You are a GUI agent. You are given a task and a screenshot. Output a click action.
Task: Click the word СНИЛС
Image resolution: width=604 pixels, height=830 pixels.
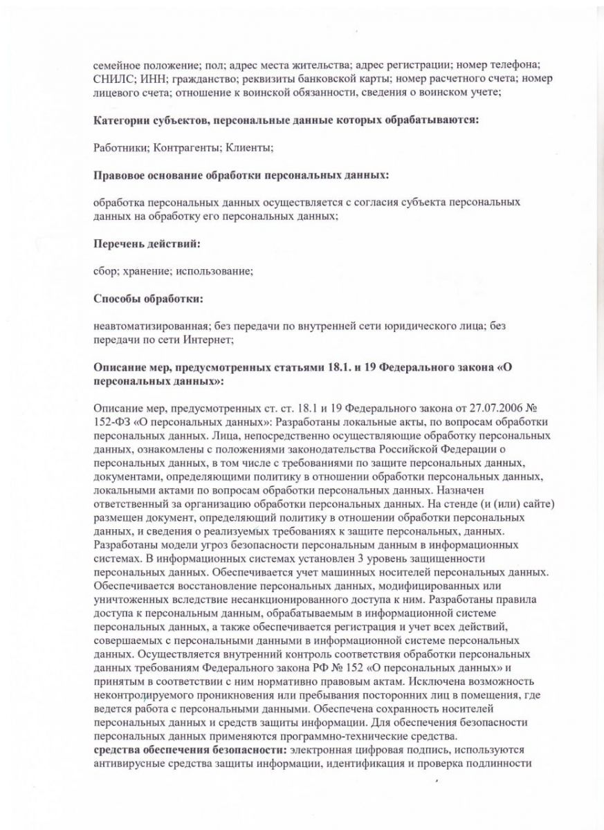(x=110, y=78)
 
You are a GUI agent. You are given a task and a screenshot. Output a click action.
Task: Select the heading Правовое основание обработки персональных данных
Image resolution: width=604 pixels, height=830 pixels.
(x=241, y=175)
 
